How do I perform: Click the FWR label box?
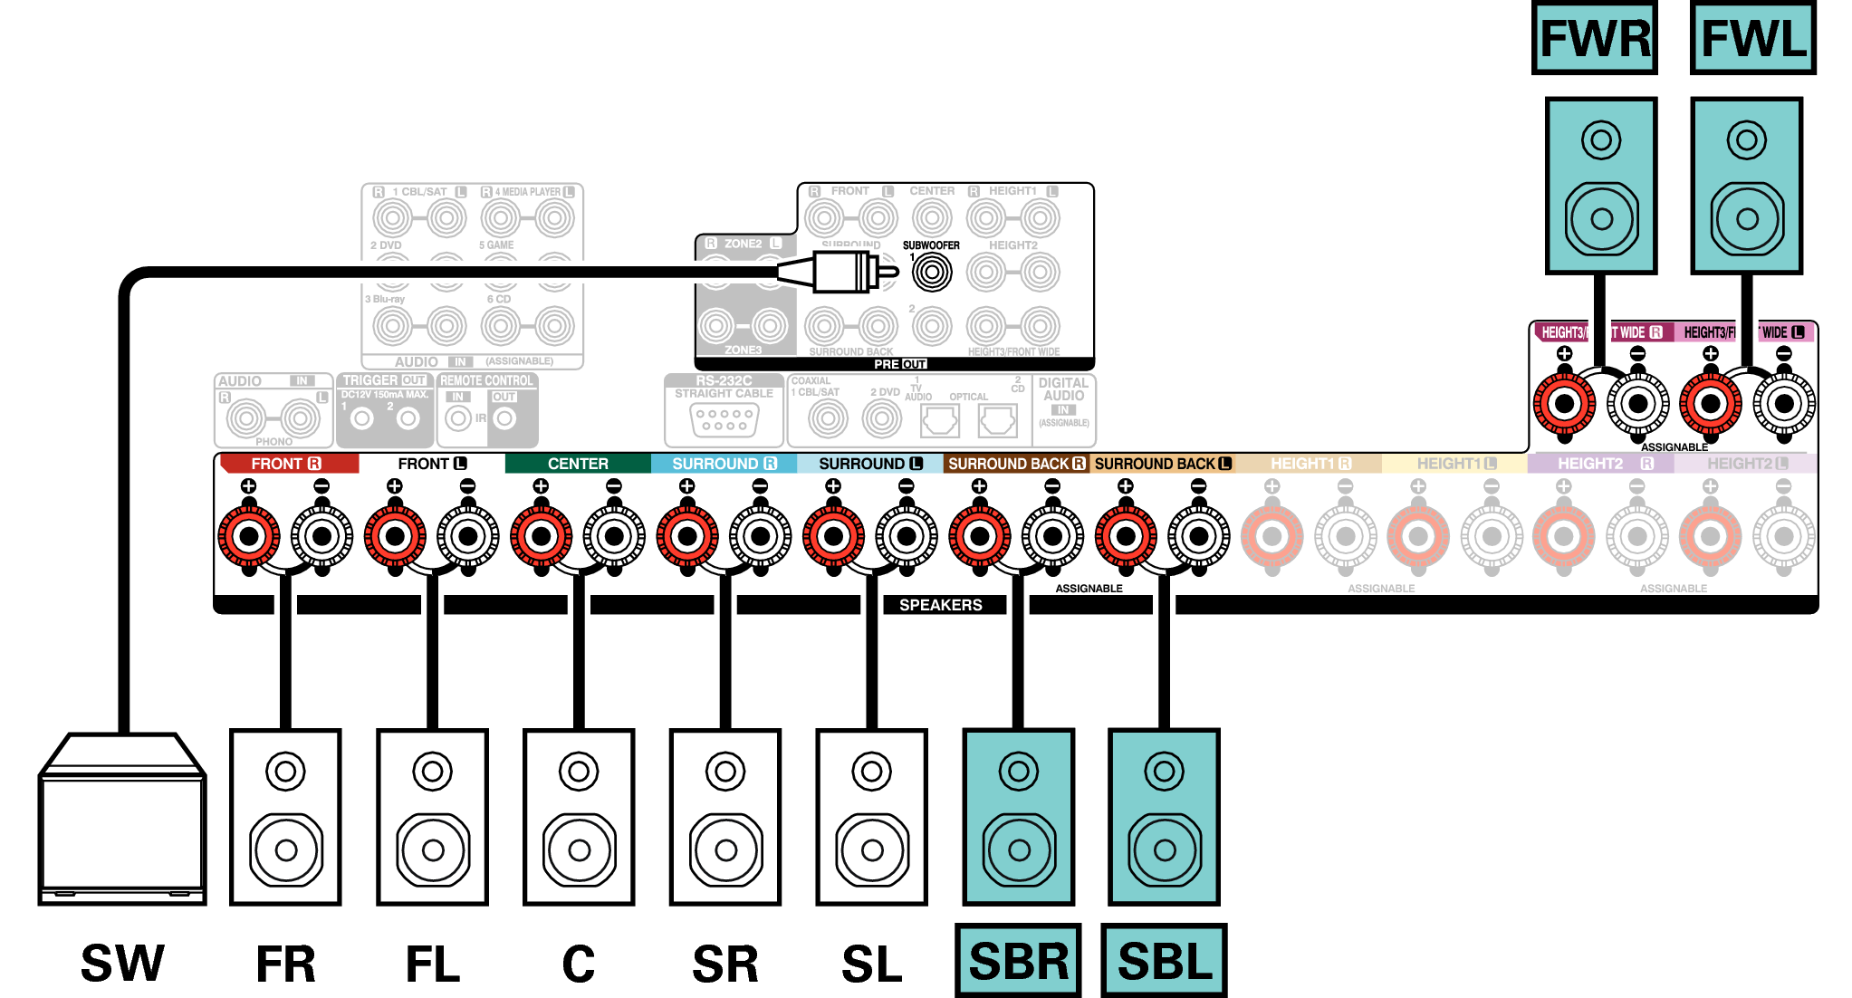1595,38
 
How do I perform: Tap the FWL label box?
1753,38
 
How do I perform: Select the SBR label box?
1018,961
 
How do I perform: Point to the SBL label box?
1164,961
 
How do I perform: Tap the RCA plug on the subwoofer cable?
842,272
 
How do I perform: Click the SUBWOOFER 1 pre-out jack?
932,272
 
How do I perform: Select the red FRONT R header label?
286,464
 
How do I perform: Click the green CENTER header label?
578,464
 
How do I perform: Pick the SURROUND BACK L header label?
1163,464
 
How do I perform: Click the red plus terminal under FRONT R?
249,536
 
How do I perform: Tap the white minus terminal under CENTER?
614,536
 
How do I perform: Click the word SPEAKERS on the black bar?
940,605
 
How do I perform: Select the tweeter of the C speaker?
579,772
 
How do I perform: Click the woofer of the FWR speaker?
1601,218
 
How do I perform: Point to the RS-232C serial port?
724,419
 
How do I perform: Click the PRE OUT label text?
899,364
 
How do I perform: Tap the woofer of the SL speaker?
871,849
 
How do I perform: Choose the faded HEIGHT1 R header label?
1310,464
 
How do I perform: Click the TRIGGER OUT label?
384,380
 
